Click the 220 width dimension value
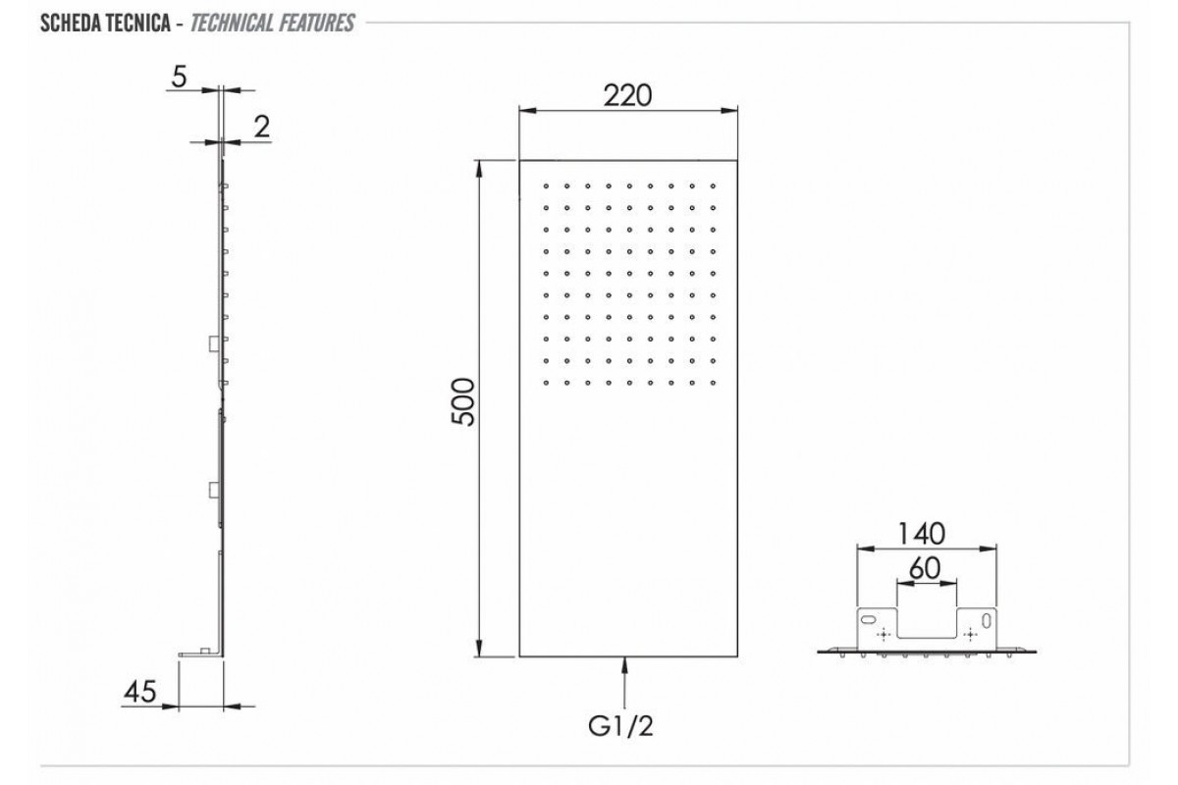click(x=627, y=96)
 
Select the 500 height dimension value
click(x=463, y=401)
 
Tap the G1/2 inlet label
click(x=621, y=726)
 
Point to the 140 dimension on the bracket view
click(x=922, y=533)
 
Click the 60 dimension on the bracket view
click(x=925, y=568)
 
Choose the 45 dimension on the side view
click(x=140, y=692)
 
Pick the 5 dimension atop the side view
click(x=179, y=77)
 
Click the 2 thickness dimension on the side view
click(x=262, y=127)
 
